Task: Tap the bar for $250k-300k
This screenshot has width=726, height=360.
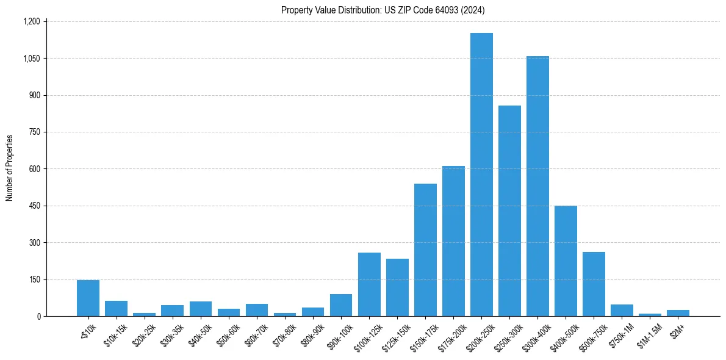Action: pyautogui.click(x=509, y=211)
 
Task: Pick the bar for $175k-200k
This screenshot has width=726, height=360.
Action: pyautogui.click(x=453, y=241)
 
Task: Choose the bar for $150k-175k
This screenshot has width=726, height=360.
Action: pyautogui.click(x=425, y=250)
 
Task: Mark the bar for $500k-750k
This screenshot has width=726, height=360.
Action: pyautogui.click(x=594, y=284)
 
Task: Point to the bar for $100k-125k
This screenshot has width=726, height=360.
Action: pyautogui.click(x=369, y=284)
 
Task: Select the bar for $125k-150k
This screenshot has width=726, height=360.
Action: pyautogui.click(x=397, y=287)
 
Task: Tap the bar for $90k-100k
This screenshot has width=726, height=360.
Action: pyautogui.click(x=341, y=305)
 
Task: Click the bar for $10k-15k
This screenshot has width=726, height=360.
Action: pyautogui.click(x=116, y=309)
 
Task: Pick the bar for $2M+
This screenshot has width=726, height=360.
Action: pyautogui.click(x=678, y=313)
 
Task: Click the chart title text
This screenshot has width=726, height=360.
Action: pyautogui.click(x=383, y=10)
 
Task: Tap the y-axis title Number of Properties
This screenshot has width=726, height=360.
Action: pyautogui.click(x=10, y=168)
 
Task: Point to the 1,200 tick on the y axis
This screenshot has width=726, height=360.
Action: pyautogui.click(x=31, y=21)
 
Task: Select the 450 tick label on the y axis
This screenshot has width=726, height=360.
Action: pyautogui.click(x=34, y=206)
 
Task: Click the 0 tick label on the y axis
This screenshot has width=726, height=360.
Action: pyautogui.click(x=38, y=316)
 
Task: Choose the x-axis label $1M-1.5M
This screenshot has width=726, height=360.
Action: pyautogui.click(x=646, y=333)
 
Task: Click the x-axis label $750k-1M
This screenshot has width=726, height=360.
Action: pyautogui.click(x=619, y=333)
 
